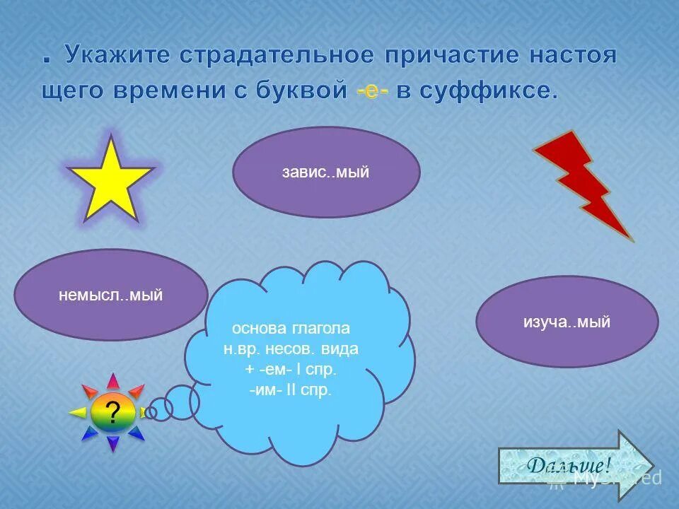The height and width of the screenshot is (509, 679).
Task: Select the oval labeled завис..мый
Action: point(326,172)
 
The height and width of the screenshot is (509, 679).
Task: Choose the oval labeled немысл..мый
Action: point(111,295)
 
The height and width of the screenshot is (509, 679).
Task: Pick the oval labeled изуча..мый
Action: point(567,322)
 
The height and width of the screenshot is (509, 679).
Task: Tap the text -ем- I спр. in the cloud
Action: point(291,370)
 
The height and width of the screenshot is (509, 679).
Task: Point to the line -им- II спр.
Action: point(290,390)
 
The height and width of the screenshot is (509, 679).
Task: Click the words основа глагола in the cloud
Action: point(291,329)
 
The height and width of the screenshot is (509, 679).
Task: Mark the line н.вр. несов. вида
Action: point(291,349)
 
